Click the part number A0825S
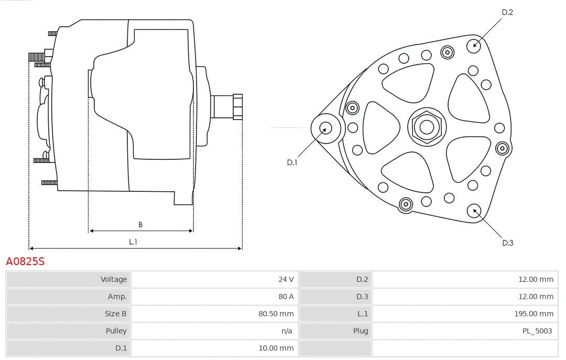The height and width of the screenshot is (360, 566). click(25, 261)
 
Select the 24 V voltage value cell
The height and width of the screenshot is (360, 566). click(286, 279)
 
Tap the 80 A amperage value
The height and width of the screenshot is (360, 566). click(286, 297)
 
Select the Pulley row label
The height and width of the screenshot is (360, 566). click(116, 331)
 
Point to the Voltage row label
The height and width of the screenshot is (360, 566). click(114, 279)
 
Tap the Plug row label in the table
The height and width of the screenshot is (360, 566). click(360, 331)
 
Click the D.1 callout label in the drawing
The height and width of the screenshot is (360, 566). click(292, 162)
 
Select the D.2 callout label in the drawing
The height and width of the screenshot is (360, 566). click(507, 12)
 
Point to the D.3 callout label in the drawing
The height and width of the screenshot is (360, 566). click(507, 243)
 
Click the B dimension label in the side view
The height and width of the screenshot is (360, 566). click(140, 225)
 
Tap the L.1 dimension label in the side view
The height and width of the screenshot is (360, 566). click(133, 242)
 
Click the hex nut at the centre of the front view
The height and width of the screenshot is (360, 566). click(427, 127)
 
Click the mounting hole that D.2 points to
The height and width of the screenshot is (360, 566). click(474, 45)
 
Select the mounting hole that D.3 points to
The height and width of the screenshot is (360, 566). click(475, 211)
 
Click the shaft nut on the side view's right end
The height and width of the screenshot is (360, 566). click(237, 107)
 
